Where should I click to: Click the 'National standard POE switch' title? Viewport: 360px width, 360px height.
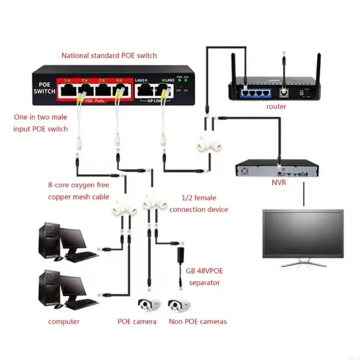109,56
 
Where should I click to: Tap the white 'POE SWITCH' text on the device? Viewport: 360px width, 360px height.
44,88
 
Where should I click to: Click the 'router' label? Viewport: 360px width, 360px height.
276,107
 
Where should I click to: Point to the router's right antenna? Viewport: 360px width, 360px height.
318,67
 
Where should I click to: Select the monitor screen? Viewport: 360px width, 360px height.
303,234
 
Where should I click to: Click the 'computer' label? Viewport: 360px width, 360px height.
64,321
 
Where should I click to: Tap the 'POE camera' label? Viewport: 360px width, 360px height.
137,321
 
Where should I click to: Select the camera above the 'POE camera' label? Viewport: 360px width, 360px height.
149,307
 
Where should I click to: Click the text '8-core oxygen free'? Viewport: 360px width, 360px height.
78,184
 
